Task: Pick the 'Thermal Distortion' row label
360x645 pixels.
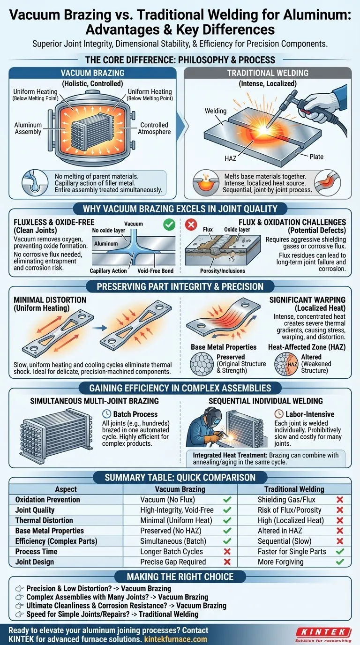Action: (44, 520)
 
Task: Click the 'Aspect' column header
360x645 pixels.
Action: (66, 489)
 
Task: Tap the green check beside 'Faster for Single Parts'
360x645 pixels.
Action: (340, 551)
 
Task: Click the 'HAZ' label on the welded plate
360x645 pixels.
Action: (230, 159)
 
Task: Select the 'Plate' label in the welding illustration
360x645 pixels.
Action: (316, 156)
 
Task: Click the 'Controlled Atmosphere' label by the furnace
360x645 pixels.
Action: (154, 128)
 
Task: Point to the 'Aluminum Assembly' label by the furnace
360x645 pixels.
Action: (28, 129)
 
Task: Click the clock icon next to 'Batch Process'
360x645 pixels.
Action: (105, 414)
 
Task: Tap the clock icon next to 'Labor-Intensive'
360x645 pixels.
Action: (278, 414)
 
